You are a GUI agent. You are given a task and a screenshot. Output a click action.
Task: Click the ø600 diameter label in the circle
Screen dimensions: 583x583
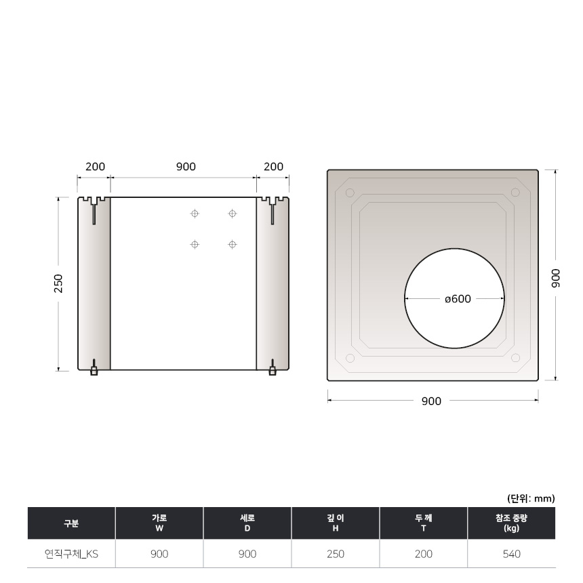[458, 299]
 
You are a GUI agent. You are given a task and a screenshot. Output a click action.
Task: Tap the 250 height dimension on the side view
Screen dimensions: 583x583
[59, 283]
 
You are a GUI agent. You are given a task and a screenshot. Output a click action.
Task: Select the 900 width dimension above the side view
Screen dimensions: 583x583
[186, 167]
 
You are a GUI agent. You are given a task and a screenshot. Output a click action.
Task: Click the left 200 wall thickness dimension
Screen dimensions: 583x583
[95, 167]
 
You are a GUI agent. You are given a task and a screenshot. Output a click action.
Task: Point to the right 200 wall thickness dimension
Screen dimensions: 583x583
[274, 167]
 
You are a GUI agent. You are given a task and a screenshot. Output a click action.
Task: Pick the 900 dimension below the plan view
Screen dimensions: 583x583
[431, 401]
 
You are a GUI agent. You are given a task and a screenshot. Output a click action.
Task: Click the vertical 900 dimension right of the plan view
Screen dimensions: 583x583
[555, 278]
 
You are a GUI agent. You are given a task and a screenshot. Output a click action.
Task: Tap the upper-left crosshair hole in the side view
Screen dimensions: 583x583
[195, 214]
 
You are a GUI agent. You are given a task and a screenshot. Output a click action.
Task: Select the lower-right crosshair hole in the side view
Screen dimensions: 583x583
[233, 244]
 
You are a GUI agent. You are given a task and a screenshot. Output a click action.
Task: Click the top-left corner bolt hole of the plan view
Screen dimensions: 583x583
[350, 193]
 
